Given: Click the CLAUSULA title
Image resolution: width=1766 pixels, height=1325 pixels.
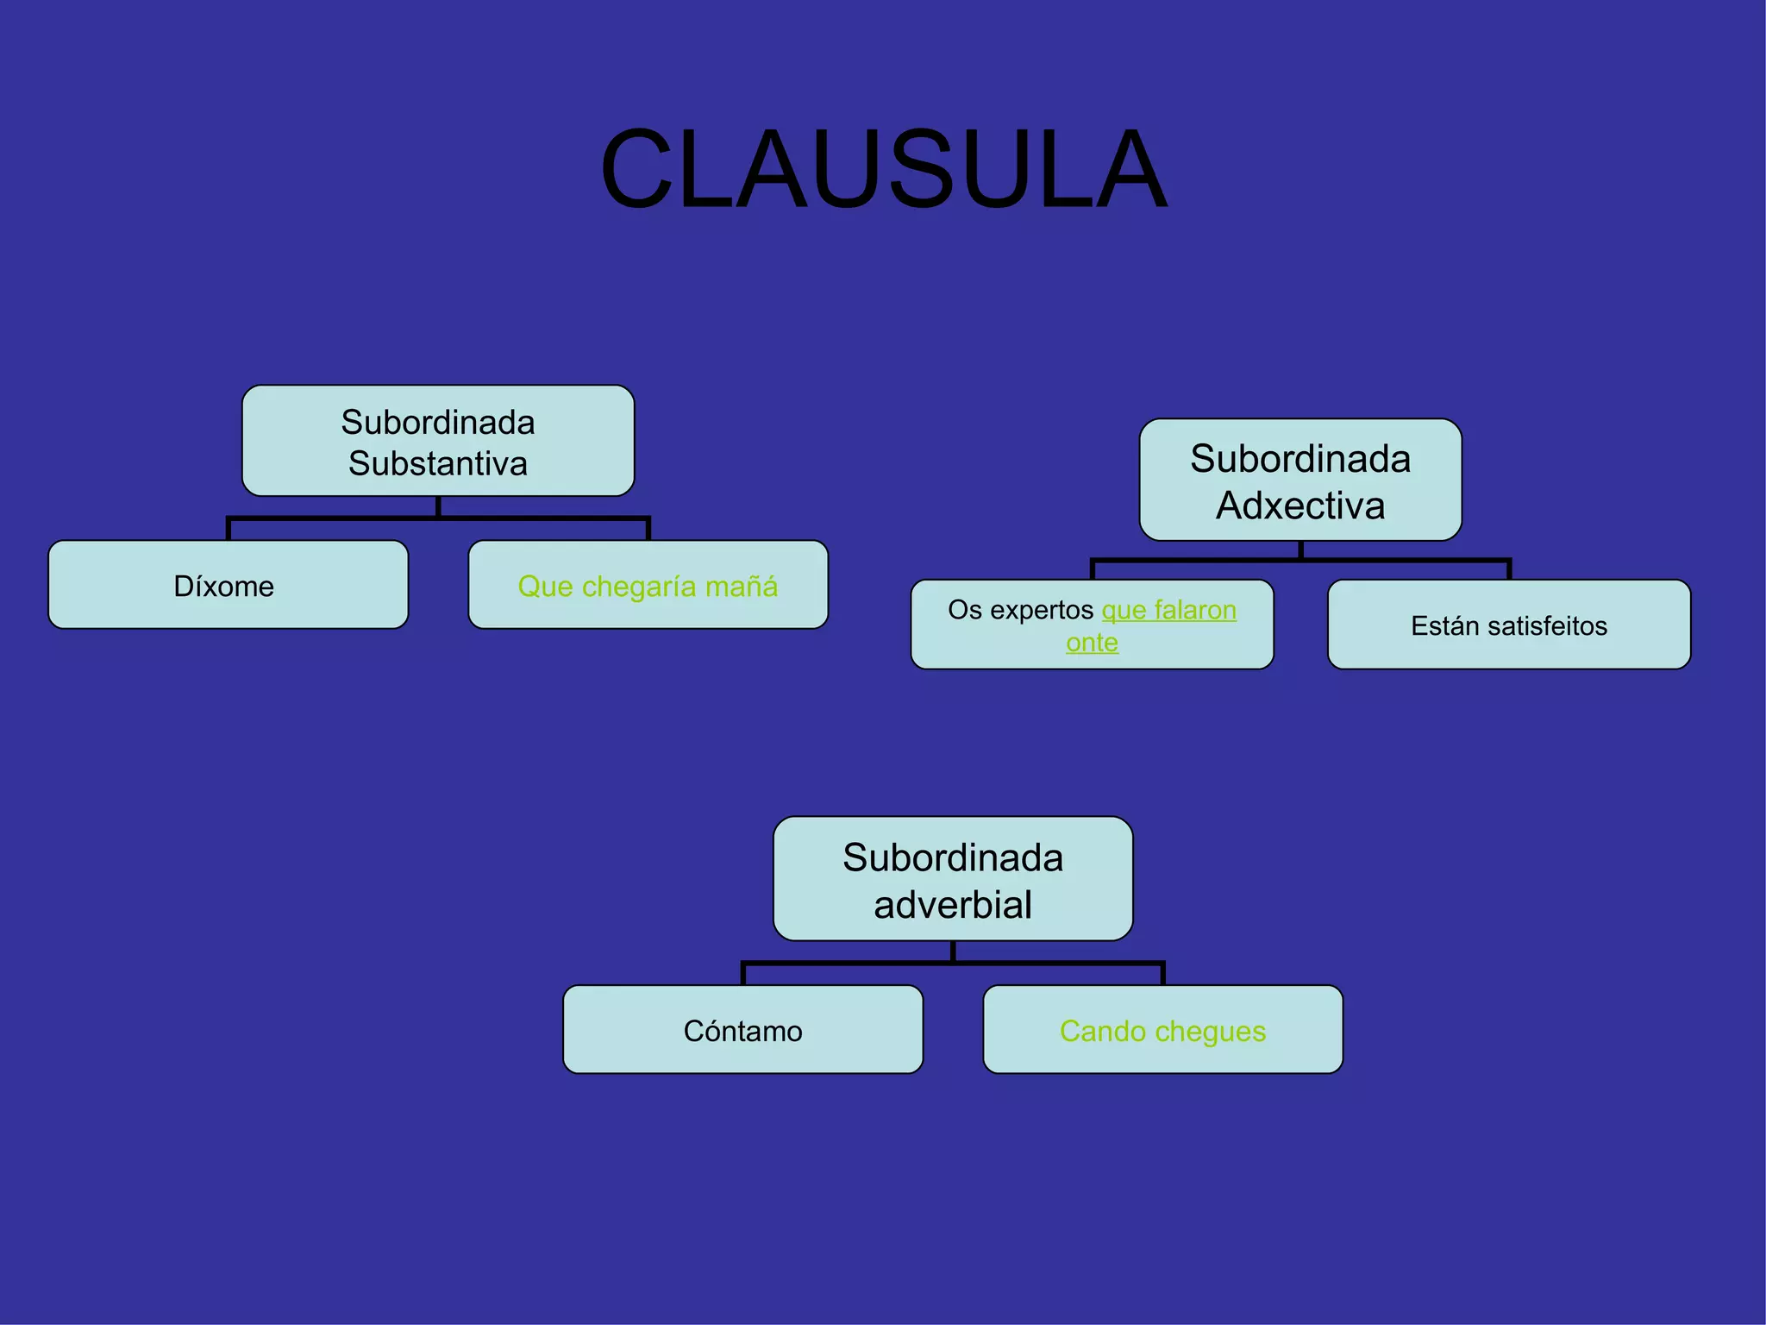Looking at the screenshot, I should (x=883, y=169).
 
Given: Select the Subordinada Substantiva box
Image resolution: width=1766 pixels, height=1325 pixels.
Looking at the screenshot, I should (x=438, y=441).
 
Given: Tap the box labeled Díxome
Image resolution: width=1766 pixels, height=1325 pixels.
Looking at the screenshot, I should (x=228, y=586).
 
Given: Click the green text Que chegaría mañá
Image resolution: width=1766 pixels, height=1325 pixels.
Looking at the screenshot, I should (x=648, y=587).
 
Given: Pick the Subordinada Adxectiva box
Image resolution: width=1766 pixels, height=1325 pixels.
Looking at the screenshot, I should (x=1300, y=480).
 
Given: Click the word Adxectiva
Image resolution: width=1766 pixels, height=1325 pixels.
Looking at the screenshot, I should (x=1300, y=506).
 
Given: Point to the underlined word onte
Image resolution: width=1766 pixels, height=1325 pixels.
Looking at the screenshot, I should (x=1092, y=643).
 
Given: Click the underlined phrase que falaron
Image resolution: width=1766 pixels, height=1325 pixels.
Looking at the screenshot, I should (x=1169, y=610).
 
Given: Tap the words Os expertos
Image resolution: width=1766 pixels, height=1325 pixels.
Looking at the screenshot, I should (x=1020, y=610).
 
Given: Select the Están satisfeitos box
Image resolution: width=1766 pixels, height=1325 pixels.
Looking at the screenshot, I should (x=1509, y=625).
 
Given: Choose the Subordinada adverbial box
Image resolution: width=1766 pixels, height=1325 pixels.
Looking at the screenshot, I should (x=953, y=879).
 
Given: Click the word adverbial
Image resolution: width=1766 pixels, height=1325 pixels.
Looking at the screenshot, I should (x=953, y=905).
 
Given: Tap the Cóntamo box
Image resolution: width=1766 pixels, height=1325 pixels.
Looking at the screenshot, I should (x=743, y=1031).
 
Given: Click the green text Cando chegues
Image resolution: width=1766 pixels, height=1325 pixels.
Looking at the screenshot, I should (x=1162, y=1031).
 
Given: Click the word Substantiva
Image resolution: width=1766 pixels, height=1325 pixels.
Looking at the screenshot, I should (x=438, y=464).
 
